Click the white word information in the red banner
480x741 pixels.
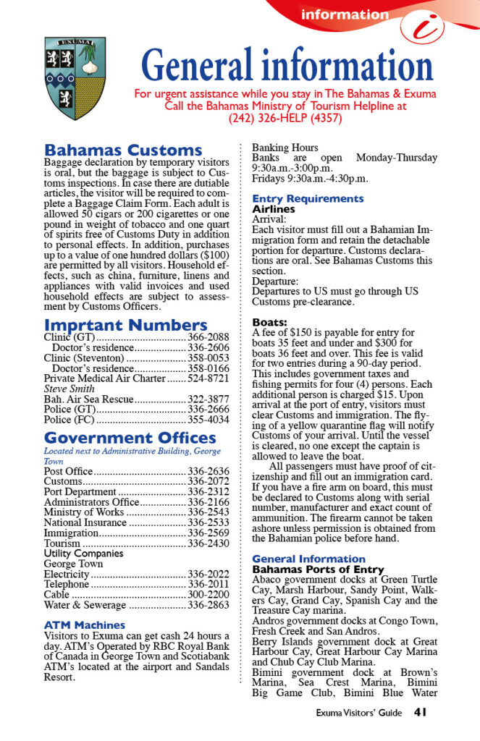tap(345, 14)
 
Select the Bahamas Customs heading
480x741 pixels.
tap(123, 151)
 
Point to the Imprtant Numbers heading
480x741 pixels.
tap(125, 325)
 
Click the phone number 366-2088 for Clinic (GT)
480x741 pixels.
tap(209, 337)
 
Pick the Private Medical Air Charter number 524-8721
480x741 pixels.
tap(209, 378)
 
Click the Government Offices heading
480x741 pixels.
tap(130, 438)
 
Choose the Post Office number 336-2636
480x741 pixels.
tap(209, 471)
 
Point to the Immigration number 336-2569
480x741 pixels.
tap(209, 533)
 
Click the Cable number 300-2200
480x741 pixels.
tap(209, 594)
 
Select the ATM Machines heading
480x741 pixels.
tap(84, 624)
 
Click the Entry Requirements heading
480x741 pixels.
tap(308, 198)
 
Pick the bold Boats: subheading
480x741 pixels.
tap(269, 322)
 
